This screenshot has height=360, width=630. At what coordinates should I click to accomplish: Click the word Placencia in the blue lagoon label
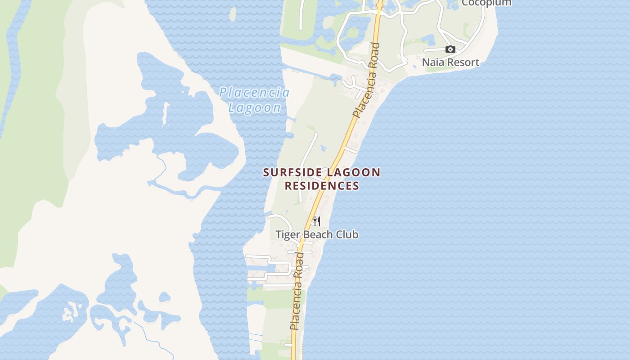(x=254, y=93)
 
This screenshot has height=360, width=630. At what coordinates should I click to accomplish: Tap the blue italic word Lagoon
(x=255, y=108)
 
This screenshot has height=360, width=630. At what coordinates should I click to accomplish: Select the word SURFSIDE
(x=292, y=172)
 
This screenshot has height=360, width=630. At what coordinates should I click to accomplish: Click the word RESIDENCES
(x=322, y=185)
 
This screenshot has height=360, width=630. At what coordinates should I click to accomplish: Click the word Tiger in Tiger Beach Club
(x=286, y=234)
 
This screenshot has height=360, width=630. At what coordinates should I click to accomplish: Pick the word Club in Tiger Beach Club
(x=348, y=234)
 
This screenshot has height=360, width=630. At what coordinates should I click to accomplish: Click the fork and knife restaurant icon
(x=317, y=221)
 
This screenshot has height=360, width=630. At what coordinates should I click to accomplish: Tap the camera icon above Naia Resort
(x=450, y=49)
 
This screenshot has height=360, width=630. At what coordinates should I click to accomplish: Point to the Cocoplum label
(x=486, y=3)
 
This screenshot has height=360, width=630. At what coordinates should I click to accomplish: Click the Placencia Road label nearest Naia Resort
(x=367, y=80)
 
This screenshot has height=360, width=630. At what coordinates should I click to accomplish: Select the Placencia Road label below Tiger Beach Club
(x=297, y=291)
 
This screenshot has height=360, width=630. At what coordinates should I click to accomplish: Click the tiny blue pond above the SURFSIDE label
(x=323, y=148)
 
